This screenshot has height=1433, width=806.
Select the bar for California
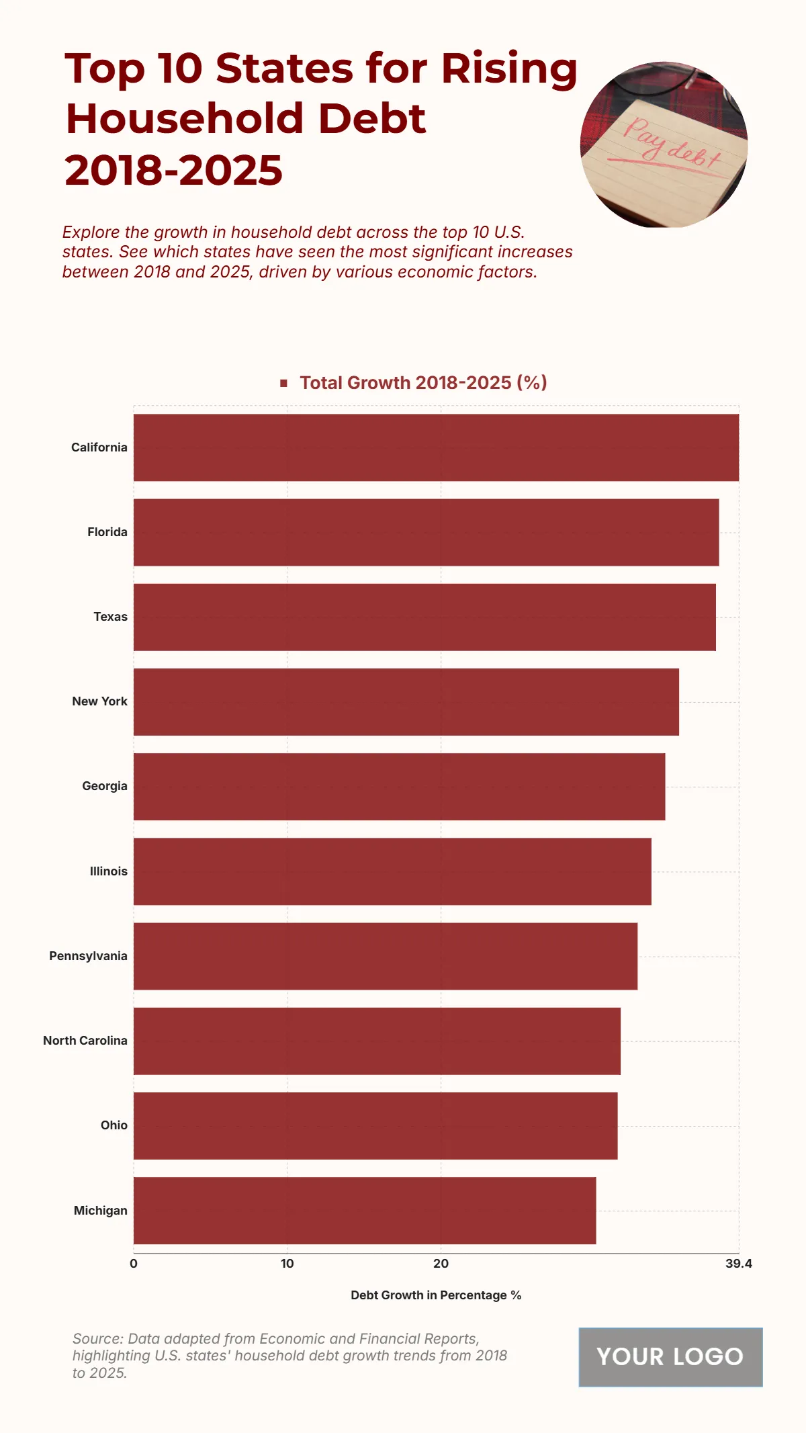pos(436,447)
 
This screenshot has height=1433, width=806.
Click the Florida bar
pos(426,532)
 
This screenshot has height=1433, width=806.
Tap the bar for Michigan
pos(365,1210)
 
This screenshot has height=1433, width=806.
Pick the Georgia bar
pos(399,786)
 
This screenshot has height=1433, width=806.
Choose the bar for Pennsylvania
pos(386,956)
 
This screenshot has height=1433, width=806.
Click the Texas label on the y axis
pos(110,617)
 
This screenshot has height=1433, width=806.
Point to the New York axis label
pos(99,701)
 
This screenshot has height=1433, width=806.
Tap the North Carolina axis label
pos(85,1041)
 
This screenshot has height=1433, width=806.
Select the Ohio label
pos(114,1125)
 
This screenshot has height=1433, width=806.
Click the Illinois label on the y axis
pos(108,871)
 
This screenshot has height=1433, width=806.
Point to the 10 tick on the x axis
pos(287,1264)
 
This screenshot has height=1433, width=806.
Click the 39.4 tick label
pos(738,1264)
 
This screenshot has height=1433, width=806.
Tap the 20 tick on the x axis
pos(441,1264)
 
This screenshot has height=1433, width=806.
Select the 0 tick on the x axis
pos(134,1264)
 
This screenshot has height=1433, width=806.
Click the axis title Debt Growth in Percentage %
pos(436,1295)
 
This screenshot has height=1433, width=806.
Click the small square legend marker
pos(283,383)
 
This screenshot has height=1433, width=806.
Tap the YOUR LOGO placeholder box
pos(670,1356)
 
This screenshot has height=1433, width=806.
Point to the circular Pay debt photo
pos(664,144)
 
